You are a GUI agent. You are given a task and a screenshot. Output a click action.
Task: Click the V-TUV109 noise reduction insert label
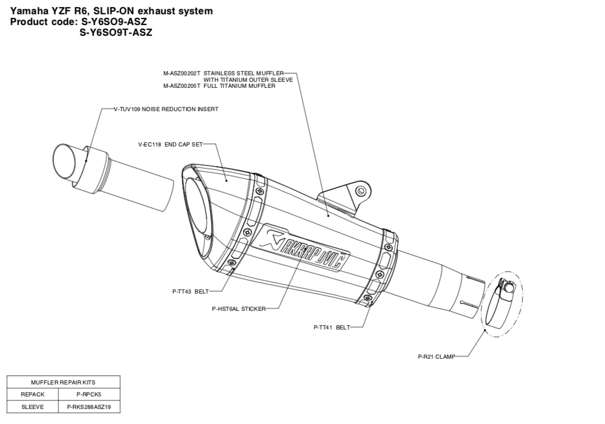point(166,109)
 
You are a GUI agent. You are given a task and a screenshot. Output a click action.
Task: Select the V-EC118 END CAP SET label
point(171,144)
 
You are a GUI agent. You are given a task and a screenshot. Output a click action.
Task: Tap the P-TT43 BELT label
point(190,292)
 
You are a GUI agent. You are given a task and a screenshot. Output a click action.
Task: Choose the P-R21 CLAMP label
point(436,356)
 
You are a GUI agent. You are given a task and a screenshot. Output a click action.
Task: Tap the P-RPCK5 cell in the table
point(89,394)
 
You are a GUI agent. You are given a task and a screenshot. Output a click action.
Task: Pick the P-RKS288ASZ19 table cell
point(89,407)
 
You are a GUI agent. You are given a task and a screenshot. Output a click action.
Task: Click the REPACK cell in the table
point(33,394)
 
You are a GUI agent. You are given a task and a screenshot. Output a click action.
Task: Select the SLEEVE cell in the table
point(33,407)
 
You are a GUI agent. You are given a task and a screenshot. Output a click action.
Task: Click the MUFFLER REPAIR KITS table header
point(63,382)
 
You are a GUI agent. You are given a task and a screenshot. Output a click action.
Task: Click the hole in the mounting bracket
point(361,191)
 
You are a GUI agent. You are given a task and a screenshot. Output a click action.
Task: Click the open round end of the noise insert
point(65,161)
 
